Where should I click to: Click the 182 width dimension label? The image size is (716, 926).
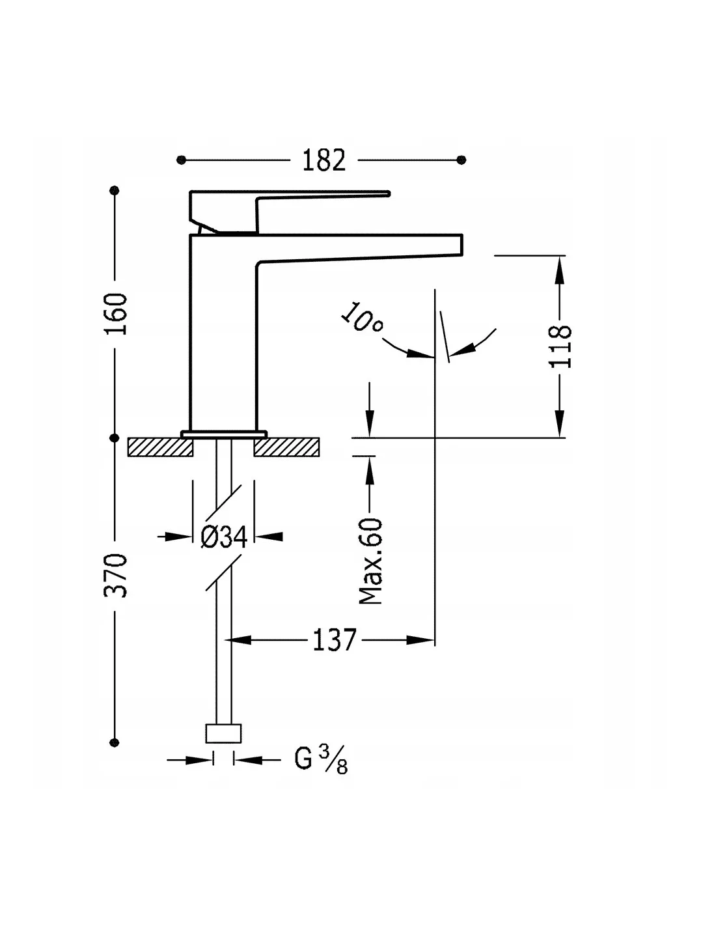[x=324, y=160]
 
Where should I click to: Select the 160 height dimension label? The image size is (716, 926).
[x=116, y=314]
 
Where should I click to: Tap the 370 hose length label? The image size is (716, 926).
[x=116, y=576]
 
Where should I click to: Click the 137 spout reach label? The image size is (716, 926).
[x=335, y=640]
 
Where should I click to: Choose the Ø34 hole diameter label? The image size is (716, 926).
[x=223, y=537]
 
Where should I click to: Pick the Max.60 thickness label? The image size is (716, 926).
[x=371, y=561]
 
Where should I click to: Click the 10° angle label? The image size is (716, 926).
[x=362, y=318]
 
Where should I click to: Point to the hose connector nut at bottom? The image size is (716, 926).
[x=223, y=733]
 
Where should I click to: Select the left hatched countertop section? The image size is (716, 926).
[x=161, y=447]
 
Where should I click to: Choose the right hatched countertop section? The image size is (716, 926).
[x=286, y=447]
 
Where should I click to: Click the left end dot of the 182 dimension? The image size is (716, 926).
[x=182, y=160]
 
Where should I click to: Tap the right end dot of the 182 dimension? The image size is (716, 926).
[x=462, y=160]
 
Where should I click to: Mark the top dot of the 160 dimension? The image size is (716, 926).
[x=116, y=190]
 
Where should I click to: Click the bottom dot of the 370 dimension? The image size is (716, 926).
[x=116, y=742]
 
